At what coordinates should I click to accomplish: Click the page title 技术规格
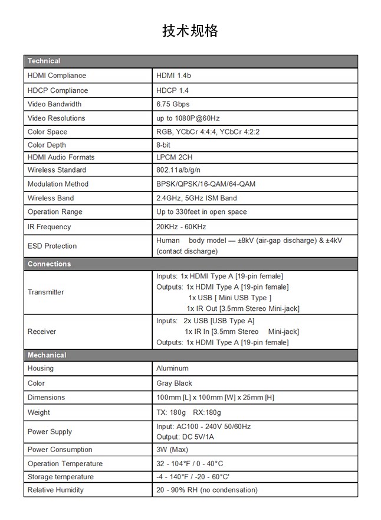coord(190,31)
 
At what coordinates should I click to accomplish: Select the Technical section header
coord(44,61)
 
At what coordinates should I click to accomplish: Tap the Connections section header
coord(49,264)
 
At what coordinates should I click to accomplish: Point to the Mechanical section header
coord(47,355)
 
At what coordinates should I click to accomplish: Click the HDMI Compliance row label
coord(57,76)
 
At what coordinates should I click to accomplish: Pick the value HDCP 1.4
coord(172,90)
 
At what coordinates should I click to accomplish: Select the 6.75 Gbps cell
coord(173,104)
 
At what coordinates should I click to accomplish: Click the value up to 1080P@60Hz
coord(188,118)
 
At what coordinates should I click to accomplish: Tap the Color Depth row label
coord(47,145)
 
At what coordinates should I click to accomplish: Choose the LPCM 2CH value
coord(174,157)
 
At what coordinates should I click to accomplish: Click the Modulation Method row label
coord(58,184)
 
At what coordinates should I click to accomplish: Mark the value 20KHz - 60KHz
coord(181,227)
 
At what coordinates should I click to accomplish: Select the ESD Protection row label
coord(52,246)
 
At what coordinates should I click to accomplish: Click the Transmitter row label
coord(45,292)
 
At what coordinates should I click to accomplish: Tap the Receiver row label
coord(42,331)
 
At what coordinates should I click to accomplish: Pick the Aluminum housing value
coord(172,368)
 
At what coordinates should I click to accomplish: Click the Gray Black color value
coord(174,383)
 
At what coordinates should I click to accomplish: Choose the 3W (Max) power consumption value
coord(172,450)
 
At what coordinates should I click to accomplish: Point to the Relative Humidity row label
coord(55,490)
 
